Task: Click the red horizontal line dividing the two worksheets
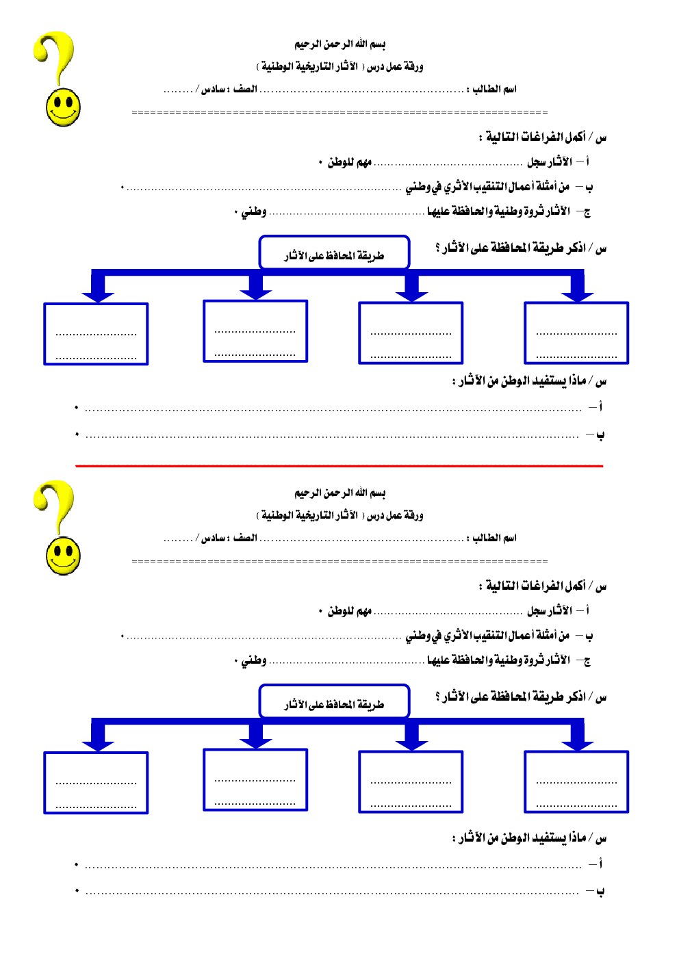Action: click(339, 466)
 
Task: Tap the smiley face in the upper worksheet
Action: click(63, 108)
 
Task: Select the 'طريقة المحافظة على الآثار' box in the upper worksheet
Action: click(334, 253)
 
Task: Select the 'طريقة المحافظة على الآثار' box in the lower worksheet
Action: click(334, 702)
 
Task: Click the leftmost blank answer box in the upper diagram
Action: click(96, 334)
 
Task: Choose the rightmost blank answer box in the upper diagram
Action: click(576, 333)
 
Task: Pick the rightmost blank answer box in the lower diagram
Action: click(576, 782)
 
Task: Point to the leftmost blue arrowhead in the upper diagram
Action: click(98, 295)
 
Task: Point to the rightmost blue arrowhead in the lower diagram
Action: click(577, 744)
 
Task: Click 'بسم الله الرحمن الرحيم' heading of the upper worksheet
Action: click(340, 44)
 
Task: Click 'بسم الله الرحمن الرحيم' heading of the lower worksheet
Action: click(340, 493)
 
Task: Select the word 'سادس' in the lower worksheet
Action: click(214, 538)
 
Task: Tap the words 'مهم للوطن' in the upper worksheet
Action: click(349, 162)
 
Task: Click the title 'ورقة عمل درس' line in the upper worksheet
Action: click(340, 66)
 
